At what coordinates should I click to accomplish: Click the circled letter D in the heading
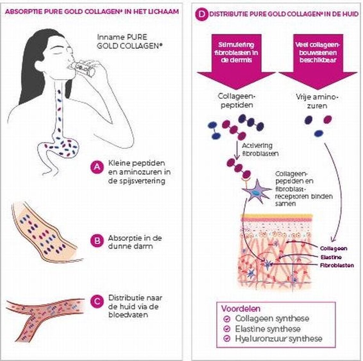click(201, 15)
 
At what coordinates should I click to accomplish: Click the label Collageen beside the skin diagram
click(333, 248)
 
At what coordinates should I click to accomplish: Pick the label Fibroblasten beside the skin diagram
click(337, 265)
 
